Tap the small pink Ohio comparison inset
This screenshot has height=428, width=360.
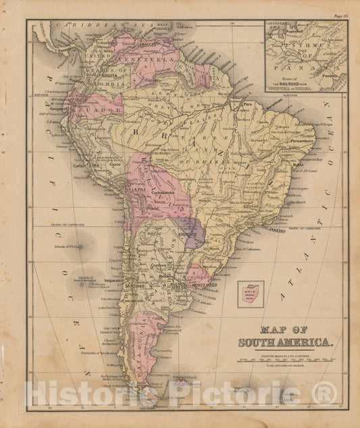click(250, 295)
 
